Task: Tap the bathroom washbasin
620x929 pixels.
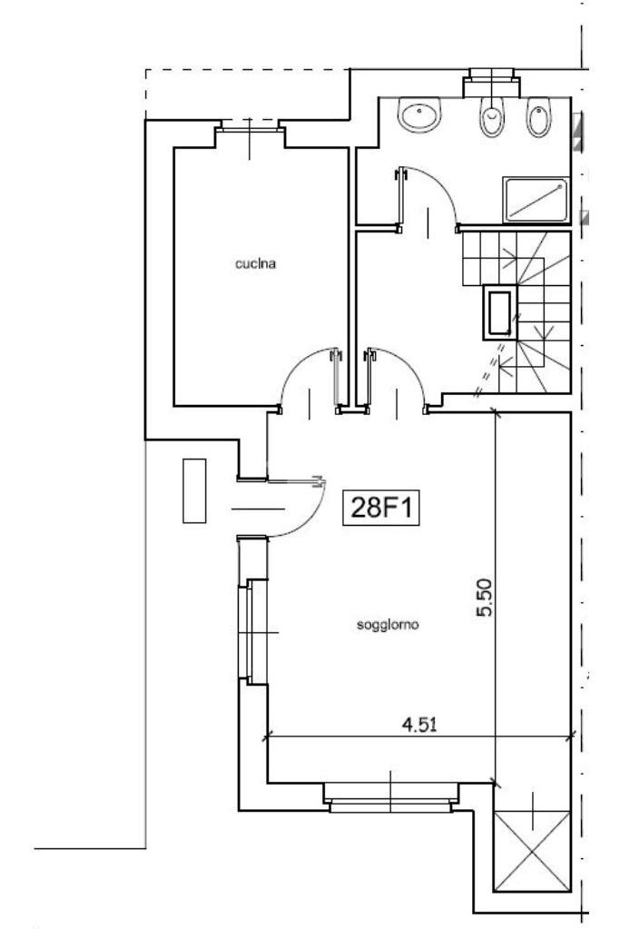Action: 421,116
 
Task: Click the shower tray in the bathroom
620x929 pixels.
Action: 536,199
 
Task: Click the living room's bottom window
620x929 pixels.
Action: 390,798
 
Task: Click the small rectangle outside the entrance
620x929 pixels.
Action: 194,490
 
